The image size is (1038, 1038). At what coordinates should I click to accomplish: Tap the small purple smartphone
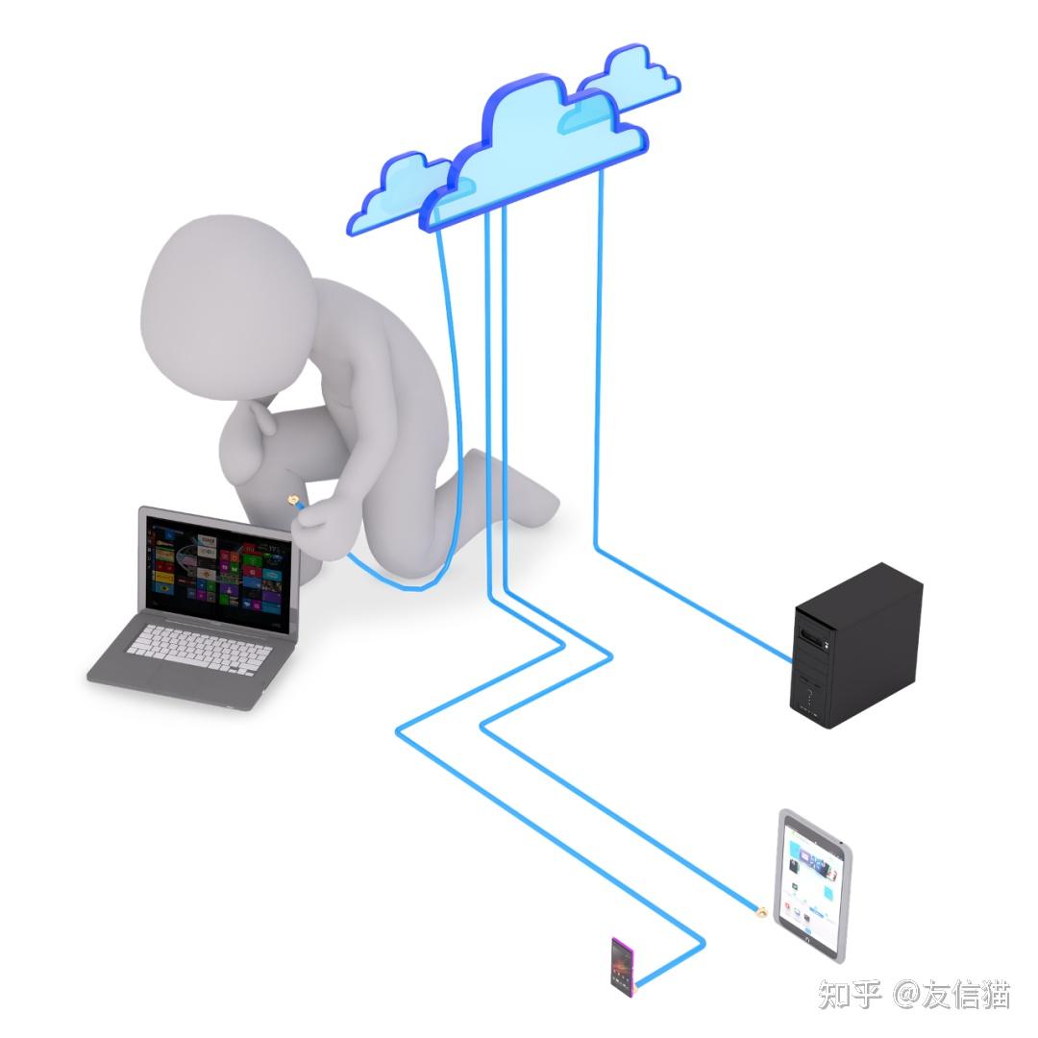622,964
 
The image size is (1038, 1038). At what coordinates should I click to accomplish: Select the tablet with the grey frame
813,885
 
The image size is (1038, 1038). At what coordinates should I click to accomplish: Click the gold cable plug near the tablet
758,910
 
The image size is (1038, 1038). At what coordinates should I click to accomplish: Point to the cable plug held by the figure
292,500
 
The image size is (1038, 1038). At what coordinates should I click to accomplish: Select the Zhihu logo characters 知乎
849,995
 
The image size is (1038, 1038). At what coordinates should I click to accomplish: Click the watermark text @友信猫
951,995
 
